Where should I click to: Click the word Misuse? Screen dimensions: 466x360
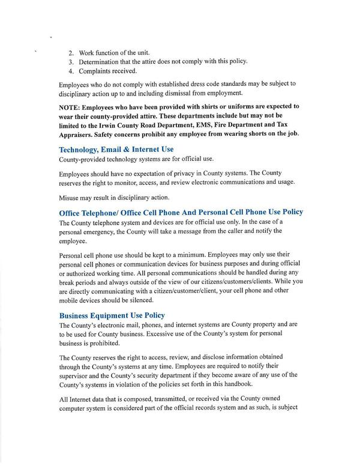(x=70, y=198)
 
